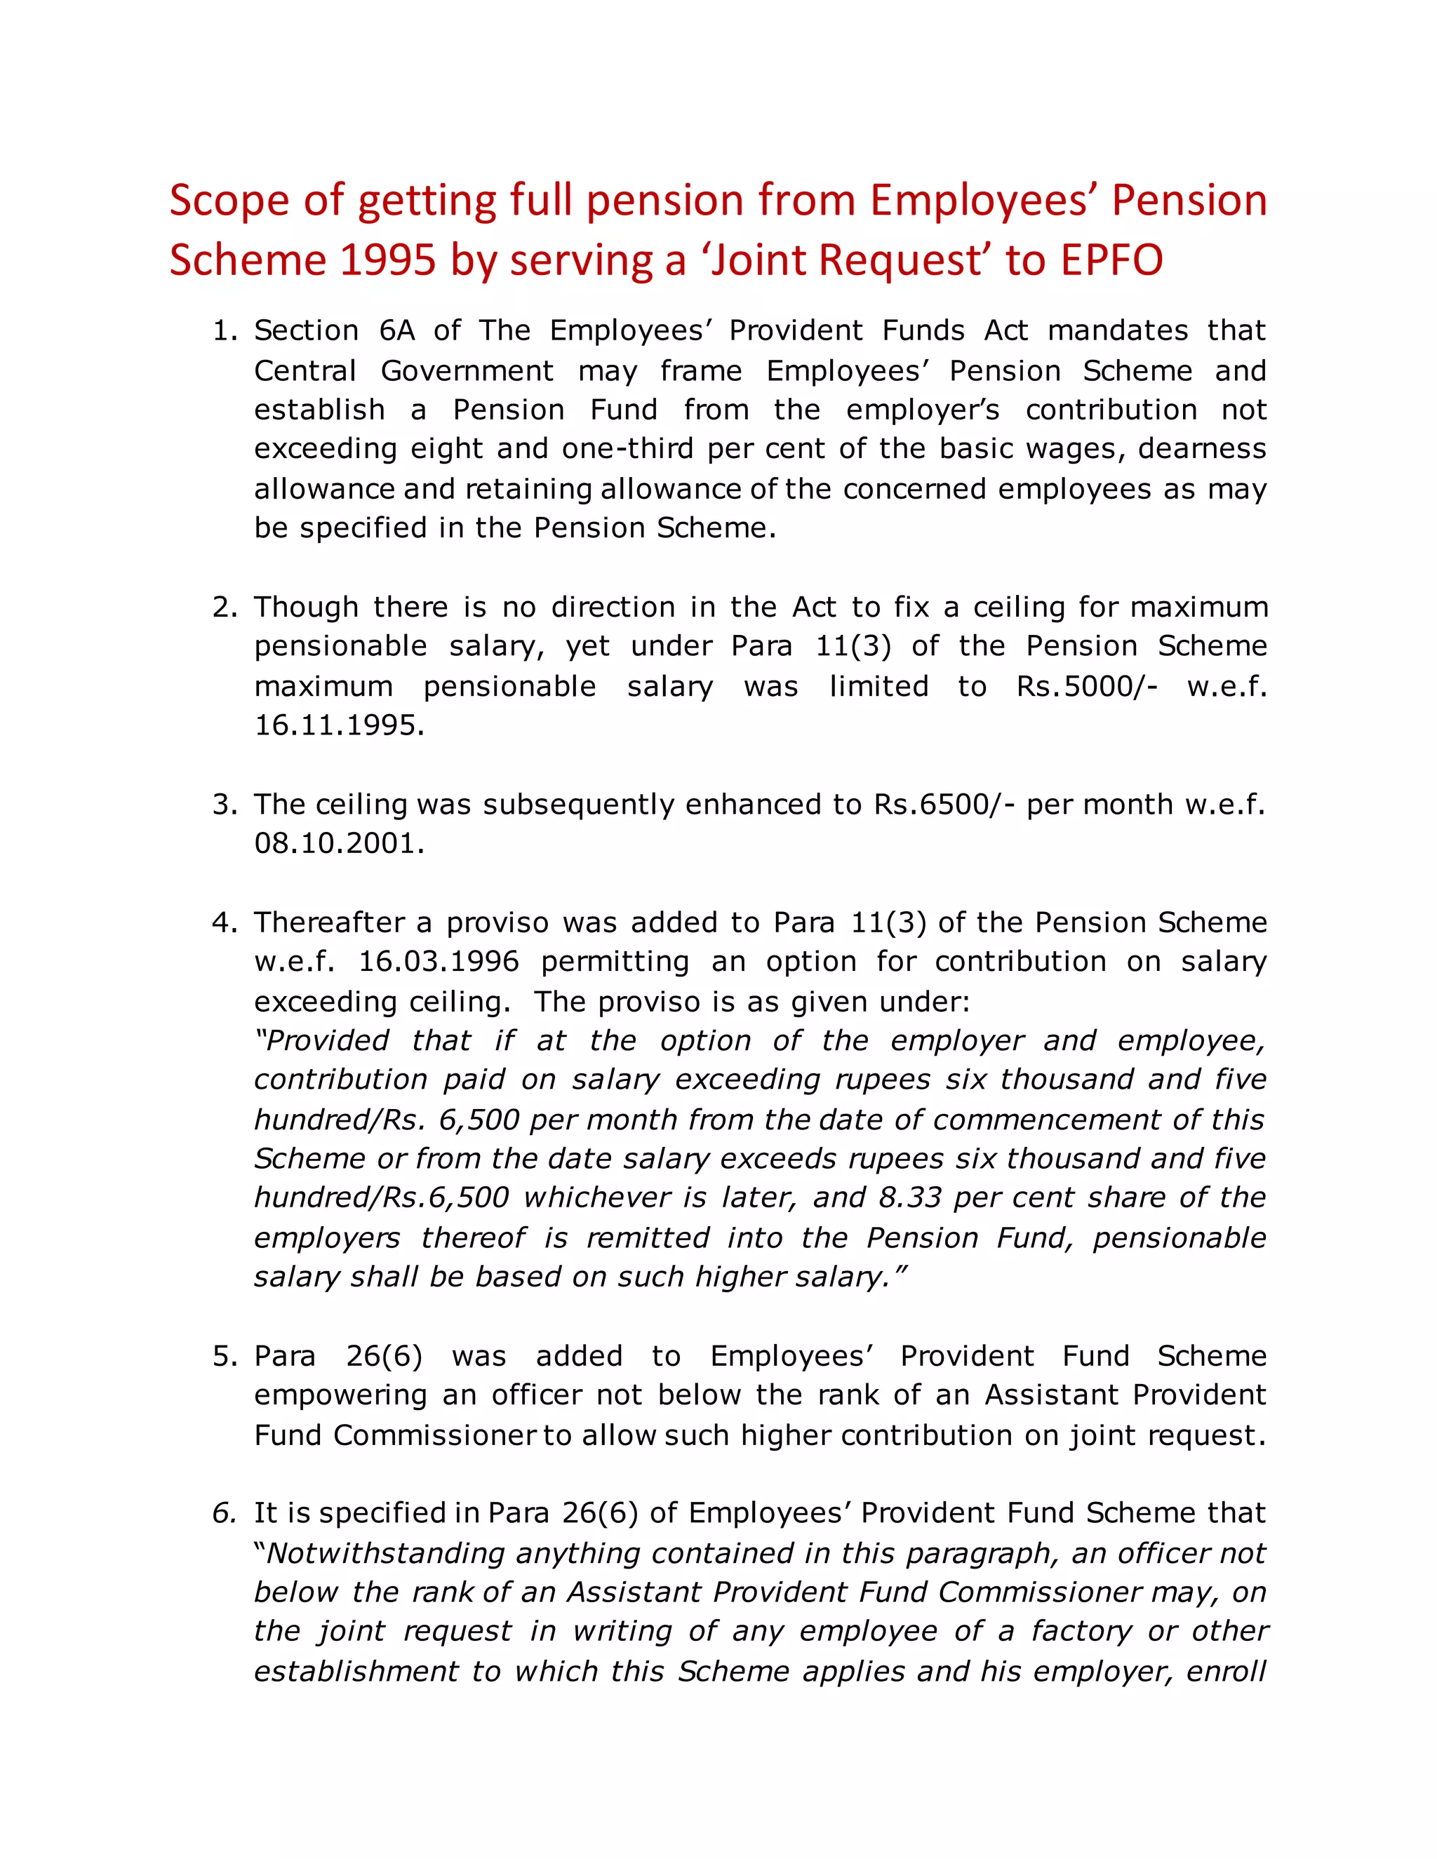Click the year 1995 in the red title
(387, 260)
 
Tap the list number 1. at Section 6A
(225, 331)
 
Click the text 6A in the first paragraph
(396, 331)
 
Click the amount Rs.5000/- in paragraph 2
(1086, 686)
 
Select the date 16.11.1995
(339, 725)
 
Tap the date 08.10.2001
(339, 843)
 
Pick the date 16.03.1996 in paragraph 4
(439, 962)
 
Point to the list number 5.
(225, 1357)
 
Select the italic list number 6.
(223, 1513)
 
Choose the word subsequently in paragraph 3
(578, 805)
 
